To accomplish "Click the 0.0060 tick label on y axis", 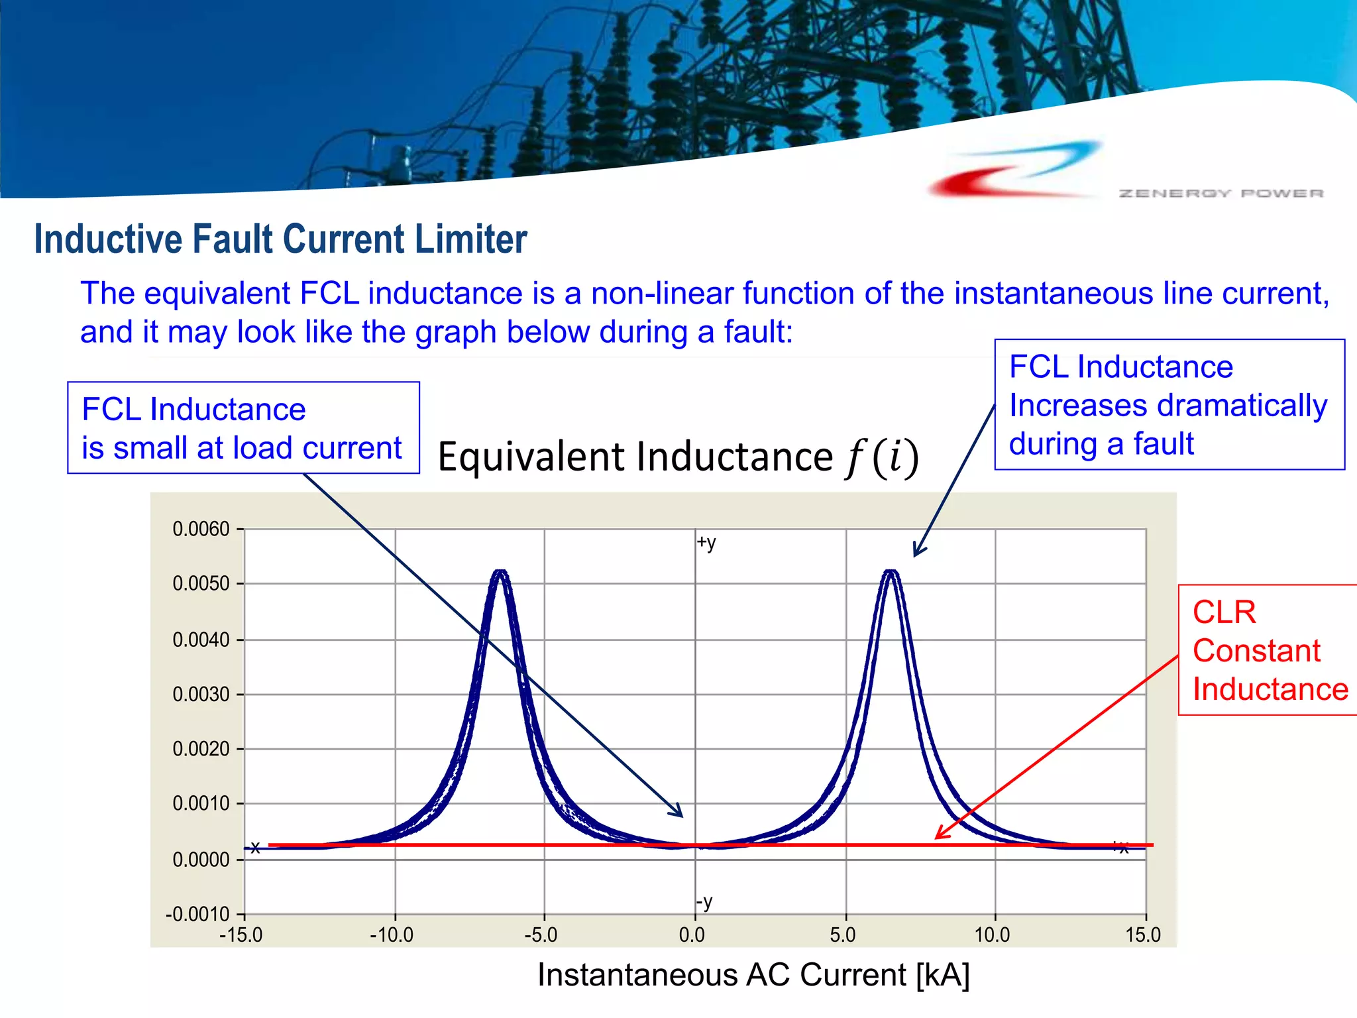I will [201, 530].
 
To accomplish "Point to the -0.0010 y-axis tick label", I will [197, 915].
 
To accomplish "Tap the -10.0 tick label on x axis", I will [392, 935].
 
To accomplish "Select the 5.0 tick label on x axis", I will [843, 935].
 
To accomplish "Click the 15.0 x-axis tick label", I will [1143, 935].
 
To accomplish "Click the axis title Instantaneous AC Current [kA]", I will [753, 975].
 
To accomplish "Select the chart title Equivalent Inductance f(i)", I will [678, 457].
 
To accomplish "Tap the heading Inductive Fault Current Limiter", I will [280, 239].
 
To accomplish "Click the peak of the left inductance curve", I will [501, 572].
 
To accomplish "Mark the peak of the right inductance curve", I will [892, 572].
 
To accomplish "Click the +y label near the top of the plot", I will [706, 543].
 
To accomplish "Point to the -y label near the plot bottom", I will [704, 902].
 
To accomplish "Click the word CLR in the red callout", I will [1224, 612].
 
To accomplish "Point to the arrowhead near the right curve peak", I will [917, 551].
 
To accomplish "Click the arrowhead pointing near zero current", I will [678, 813].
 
